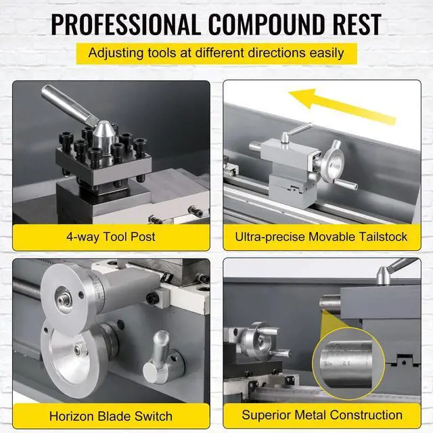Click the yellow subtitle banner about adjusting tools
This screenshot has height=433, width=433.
(x=216, y=52)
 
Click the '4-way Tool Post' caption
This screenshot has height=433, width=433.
(x=111, y=236)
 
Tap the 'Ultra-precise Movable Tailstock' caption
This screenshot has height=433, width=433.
(x=322, y=236)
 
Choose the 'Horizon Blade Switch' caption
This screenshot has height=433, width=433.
(x=111, y=416)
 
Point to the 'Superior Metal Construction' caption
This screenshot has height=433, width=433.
(x=322, y=415)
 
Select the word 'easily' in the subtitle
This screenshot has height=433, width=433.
(x=323, y=52)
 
